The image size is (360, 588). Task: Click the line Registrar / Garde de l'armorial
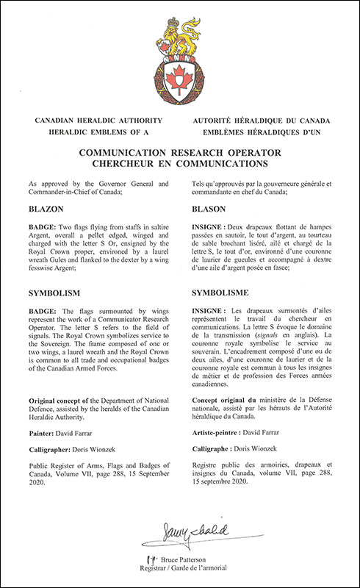[185, 569]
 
